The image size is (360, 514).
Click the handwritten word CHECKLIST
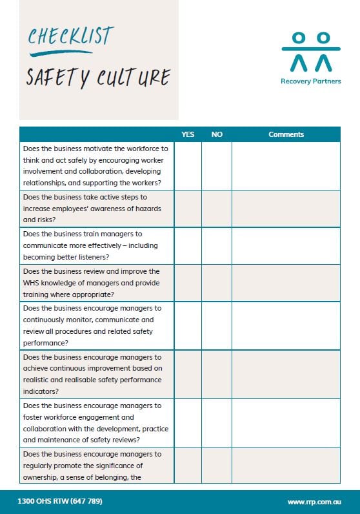(70, 36)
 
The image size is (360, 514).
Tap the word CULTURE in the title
(133, 77)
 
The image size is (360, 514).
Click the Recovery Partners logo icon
(310, 52)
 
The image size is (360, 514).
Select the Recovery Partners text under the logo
(310, 81)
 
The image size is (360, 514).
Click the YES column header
(188, 134)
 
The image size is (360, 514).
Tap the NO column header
(217, 134)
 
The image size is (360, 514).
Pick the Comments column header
(286, 134)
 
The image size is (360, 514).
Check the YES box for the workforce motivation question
(188, 166)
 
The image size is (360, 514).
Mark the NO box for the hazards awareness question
(217, 209)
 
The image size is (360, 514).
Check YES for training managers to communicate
(188, 245)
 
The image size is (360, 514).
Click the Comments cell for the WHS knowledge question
(286, 283)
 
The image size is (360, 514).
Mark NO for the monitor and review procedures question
(217, 325)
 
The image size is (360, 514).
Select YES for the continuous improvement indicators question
(188, 375)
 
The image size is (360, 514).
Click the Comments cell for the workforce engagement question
(286, 423)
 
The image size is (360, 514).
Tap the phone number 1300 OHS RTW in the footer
(60, 501)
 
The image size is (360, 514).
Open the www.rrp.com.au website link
(314, 502)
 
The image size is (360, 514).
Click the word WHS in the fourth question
(31, 283)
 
